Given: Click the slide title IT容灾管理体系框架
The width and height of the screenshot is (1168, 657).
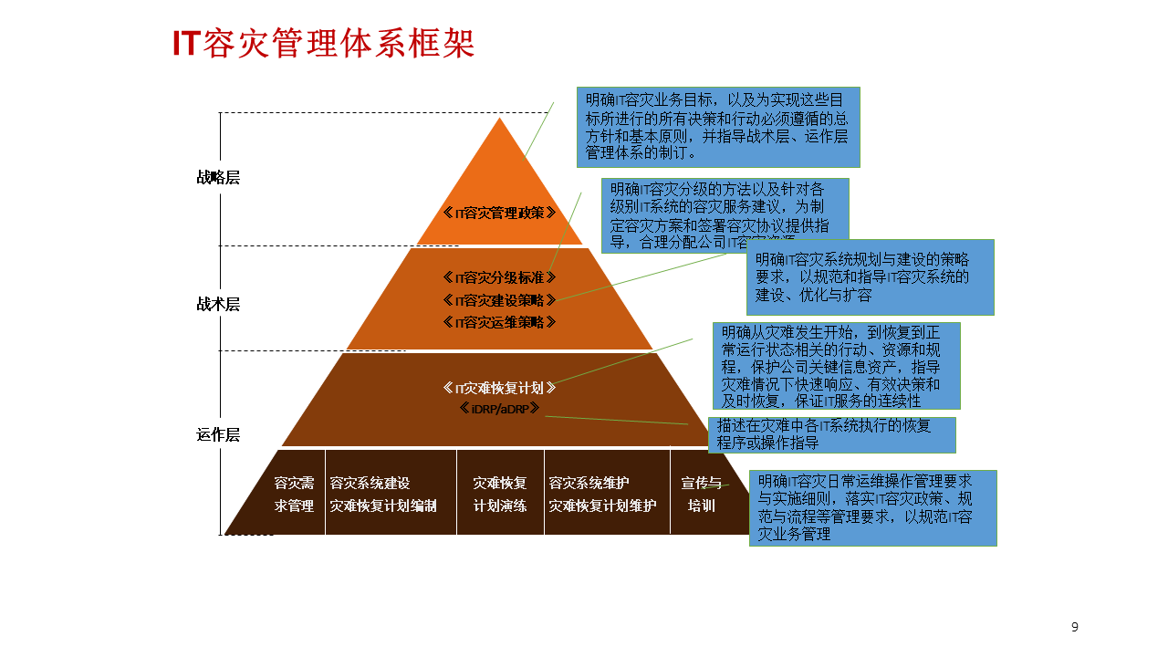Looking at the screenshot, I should click(x=324, y=44).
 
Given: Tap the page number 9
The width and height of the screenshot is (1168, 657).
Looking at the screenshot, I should click(x=1074, y=627).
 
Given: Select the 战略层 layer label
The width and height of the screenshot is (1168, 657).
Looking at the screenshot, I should click(x=218, y=177).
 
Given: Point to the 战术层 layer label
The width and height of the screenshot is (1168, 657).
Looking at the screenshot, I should click(x=218, y=304).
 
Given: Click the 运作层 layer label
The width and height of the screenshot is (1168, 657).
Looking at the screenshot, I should click(x=218, y=434).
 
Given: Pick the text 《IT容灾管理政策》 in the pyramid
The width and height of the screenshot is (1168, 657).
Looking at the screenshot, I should click(x=499, y=213).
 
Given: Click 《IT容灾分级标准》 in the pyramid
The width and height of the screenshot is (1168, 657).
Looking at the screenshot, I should click(x=499, y=277).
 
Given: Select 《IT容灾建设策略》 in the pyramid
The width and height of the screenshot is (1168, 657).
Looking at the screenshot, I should click(x=499, y=299).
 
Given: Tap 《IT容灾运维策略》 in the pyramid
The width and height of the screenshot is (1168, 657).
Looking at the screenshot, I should click(x=499, y=321).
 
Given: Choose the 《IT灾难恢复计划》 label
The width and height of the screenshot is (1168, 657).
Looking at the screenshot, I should click(x=499, y=388).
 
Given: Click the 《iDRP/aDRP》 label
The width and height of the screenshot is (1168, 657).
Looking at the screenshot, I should click(x=499, y=409).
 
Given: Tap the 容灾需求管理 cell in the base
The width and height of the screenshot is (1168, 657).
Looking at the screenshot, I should click(x=294, y=494).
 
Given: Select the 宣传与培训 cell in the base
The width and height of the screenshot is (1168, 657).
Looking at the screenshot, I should click(x=701, y=494).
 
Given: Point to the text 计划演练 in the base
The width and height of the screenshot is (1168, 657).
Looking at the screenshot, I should click(x=500, y=506).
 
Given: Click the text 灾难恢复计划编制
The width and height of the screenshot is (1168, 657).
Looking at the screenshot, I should click(x=383, y=506).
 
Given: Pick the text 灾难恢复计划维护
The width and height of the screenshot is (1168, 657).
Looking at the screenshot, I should click(x=602, y=506).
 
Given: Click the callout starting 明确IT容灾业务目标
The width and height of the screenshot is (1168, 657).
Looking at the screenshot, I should click(x=718, y=126).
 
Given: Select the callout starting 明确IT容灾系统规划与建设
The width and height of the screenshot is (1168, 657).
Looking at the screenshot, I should click(x=870, y=277).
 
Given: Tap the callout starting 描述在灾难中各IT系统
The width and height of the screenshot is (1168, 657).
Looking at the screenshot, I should click(x=831, y=434).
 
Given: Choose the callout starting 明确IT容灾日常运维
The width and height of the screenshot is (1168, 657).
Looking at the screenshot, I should click(x=872, y=507).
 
